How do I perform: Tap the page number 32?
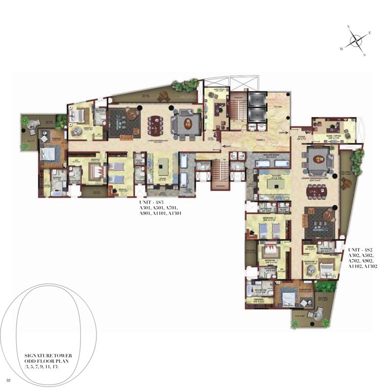pyautogui.click(x=9, y=379)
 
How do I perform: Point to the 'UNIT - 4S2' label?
pyautogui.click(x=360, y=250)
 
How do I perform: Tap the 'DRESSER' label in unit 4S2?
pyautogui.click(x=253, y=300)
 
